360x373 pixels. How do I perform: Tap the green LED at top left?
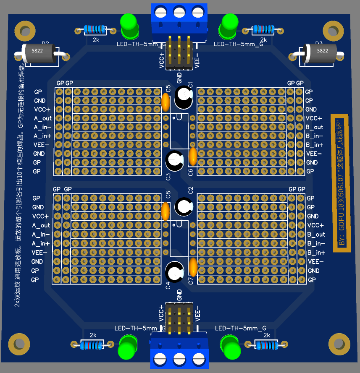coord(129,25)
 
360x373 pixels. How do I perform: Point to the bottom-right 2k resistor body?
coord(265,345)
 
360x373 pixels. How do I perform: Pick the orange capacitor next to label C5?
coord(166,101)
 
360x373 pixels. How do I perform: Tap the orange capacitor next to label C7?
coord(193,266)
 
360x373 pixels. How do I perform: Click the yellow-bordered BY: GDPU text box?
coord(341,183)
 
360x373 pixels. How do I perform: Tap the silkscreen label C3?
coord(168,177)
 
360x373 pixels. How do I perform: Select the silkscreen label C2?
coord(190,190)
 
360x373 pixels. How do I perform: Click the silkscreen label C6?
coord(191,172)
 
